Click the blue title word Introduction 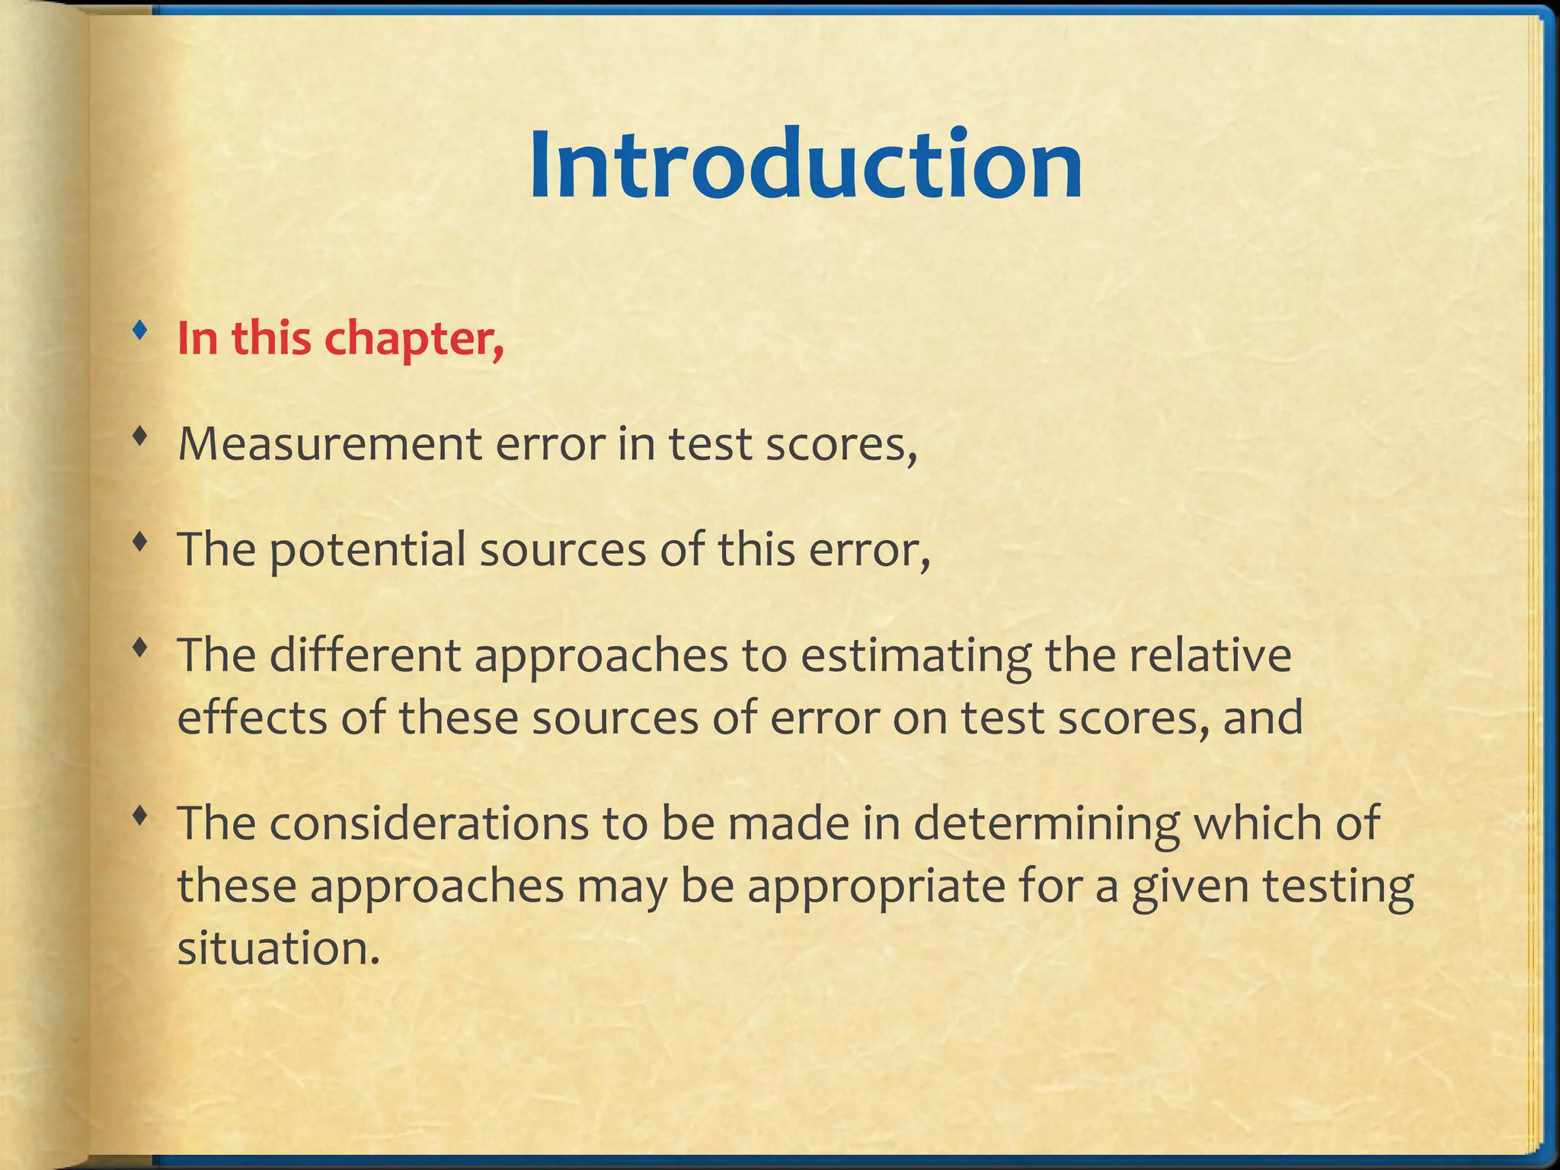(x=805, y=165)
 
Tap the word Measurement (x=330, y=444)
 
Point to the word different (x=365, y=655)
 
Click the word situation (x=278, y=949)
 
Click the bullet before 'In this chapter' (x=139, y=331)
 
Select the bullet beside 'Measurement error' (x=139, y=436)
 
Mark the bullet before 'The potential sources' (x=139, y=542)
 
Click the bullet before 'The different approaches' (x=139, y=647)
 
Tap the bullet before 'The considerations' (x=139, y=816)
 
